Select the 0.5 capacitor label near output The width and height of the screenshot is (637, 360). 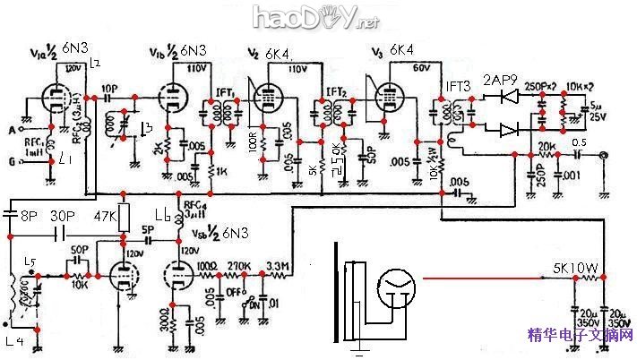point(579,140)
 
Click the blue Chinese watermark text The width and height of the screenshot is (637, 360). point(581,336)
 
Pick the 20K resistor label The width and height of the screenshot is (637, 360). point(546,146)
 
